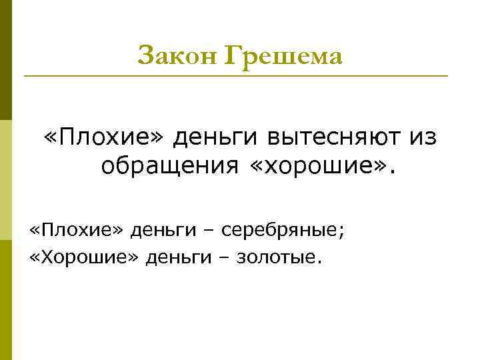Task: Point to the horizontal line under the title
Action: (236, 76)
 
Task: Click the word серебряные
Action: (283, 231)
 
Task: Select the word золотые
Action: (279, 257)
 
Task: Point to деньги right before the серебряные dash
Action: (163, 231)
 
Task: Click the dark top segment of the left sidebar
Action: (6, 60)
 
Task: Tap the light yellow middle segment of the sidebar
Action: (6, 180)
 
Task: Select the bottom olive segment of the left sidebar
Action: (6, 300)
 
